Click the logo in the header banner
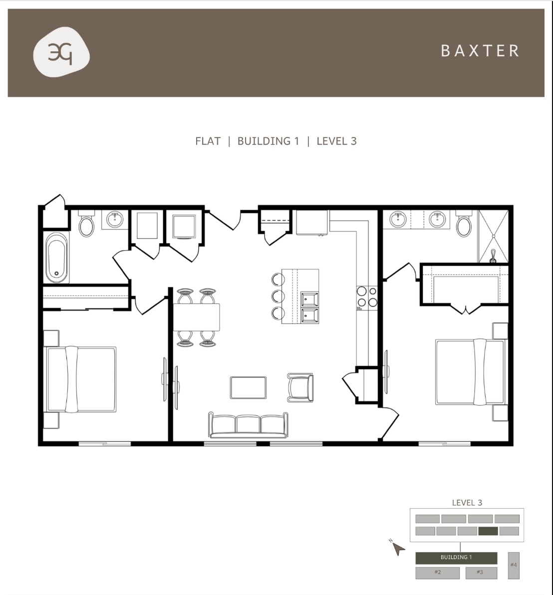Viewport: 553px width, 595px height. [x=61, y=53]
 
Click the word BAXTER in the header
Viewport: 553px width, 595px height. [x=480, y=51]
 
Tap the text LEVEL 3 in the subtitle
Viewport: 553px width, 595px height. [x=336, y=141]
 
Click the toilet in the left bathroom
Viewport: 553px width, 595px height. [x=87, y=225]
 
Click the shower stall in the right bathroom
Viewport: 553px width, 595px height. [x=493, y=236]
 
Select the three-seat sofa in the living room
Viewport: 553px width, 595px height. [x=249, y=425]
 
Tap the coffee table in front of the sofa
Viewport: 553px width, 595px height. [x=248, y=387]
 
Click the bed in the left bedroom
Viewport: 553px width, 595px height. [x=81, y=379]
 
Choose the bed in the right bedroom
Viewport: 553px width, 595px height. [x=470, y=372]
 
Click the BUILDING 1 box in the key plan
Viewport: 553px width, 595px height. [x=456, y=558]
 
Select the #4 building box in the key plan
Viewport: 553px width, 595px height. [x=514, y=565]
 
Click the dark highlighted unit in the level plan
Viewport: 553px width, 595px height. [x=488, y=531]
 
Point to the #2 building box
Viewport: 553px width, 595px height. [x=437, y=573]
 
